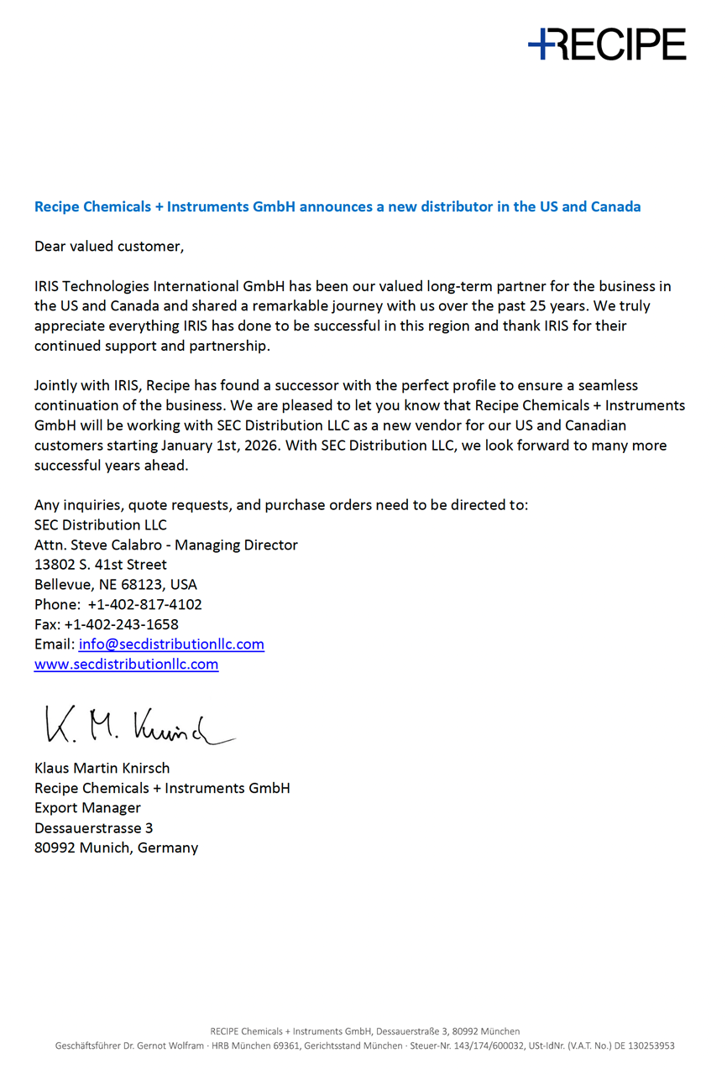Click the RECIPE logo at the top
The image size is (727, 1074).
click(x=607, y=44)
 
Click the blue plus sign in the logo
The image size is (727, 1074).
click(x=542, y=43)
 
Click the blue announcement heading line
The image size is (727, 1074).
click(x=337, y=206)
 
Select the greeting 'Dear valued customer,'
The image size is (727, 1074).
click(x=108, y=247)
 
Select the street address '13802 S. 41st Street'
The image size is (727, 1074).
click(x=101, y=565)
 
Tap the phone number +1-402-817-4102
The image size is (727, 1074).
click(x=144, y=604)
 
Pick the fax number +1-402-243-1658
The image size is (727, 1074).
click(x=121, y=624)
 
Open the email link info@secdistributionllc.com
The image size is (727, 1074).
click(x=171, y=644)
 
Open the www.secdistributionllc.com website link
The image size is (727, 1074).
click(x=126, y=665)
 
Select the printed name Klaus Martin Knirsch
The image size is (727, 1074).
click(x=102, y=768)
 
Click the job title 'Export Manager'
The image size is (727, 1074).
click(x=87, y=808)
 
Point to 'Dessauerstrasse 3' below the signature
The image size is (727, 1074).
click(x=93, y=828)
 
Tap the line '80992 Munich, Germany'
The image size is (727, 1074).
click(x=116, y=847)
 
